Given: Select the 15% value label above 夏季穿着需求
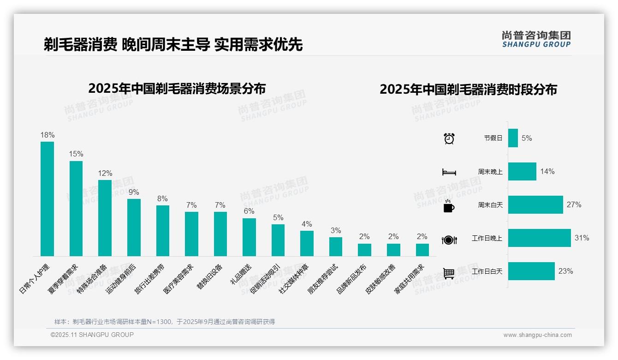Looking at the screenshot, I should tap(76, 154).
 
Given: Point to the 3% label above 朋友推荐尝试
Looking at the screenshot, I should tap(336, 230).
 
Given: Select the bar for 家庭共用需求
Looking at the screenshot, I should tap(422, 250).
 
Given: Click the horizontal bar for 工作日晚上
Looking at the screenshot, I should tap(539, 238).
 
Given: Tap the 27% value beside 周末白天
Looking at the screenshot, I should tap(574, 205).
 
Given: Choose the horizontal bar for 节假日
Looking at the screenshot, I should tap(513, 138).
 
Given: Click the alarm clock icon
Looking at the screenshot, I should tap(449, 138).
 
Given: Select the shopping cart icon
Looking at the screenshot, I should tap(449, 273).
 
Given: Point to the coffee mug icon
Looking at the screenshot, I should tap(449, 206).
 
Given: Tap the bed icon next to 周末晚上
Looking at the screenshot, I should tap(449, 172).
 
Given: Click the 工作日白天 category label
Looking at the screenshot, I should tap(487, 271).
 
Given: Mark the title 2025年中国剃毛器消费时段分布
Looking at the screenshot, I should tap(468, 89).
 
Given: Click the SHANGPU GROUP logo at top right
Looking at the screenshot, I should tap(536, 39).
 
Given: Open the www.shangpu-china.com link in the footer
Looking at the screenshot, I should tap(537, 335).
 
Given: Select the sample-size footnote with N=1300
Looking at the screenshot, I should tap(165, 322).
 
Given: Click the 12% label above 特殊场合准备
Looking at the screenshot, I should tap(105, 174).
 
